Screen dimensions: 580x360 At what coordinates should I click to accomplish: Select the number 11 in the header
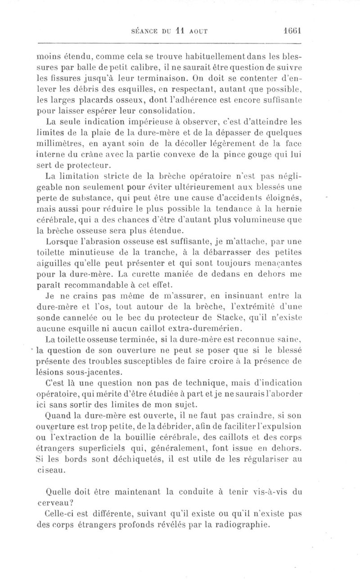(x=180, y=31)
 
